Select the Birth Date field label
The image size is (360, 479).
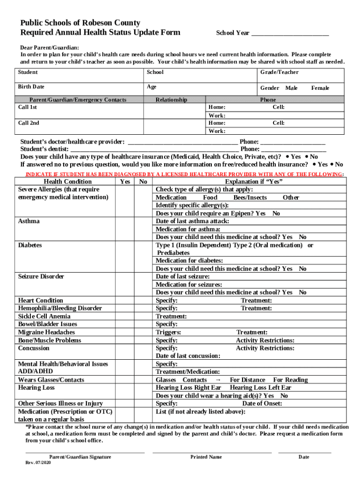click(x=31, y=87)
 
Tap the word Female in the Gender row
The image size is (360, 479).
click(x=320, y=88)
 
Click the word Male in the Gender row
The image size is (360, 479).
click(x=291, y=88)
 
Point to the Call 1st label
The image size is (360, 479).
click(x=28, y=107)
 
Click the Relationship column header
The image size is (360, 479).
click(x=171, y=100)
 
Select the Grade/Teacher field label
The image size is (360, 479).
click(x=279, y=72)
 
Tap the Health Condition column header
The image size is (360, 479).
click(x=67, y=181)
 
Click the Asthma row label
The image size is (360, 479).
click(x=29, y=221)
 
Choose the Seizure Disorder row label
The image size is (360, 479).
click(x=41, y=276)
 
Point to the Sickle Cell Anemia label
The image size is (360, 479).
click(x=44, y=316)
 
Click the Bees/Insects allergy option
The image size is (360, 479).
click(x=250, y=197)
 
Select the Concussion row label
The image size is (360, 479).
click(x=34, y=348)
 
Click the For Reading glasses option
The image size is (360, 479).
click(x=290, y=380)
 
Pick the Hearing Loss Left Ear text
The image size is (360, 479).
click(x=260, y=387)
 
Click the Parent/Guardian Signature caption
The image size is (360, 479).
click(x=80, y=457)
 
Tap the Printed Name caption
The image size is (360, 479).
click(x=206, y=457)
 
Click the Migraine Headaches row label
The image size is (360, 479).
click(x=46, y=332)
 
